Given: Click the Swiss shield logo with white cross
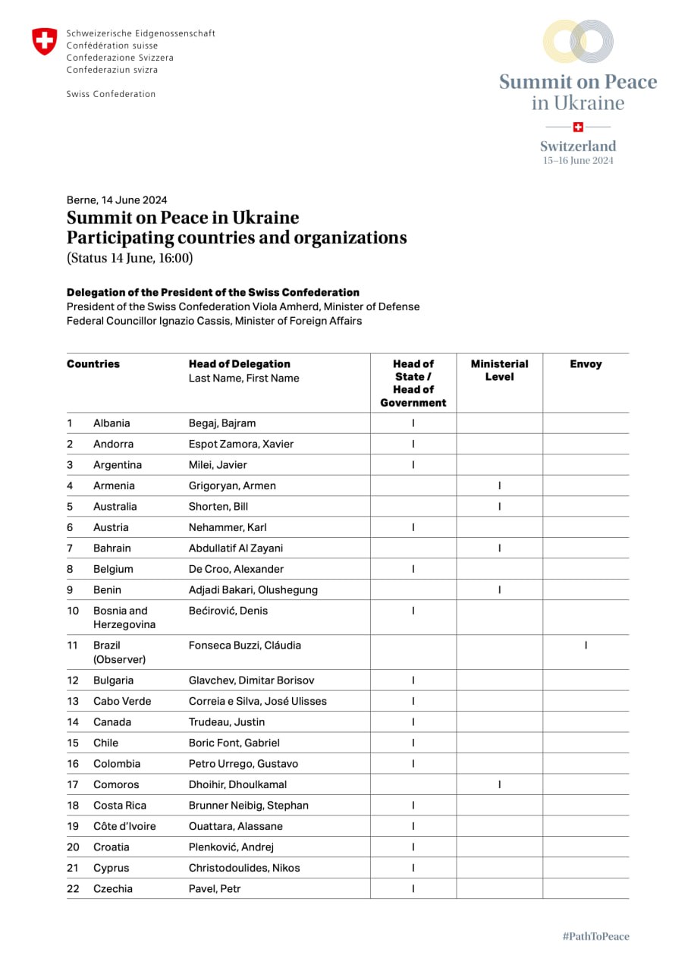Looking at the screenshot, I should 44,42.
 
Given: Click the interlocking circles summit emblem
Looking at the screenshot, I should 578,42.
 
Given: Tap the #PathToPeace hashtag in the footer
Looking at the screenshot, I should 595,936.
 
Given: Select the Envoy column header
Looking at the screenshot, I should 586,364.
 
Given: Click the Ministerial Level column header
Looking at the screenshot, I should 499,370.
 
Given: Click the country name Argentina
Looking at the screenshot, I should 118,465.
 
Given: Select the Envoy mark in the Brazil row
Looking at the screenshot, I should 586,646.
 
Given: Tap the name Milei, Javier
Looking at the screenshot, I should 218,465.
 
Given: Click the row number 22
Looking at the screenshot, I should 73,888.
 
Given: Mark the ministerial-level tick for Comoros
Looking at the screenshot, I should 499,784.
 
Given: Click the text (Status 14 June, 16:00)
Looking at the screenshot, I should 130,258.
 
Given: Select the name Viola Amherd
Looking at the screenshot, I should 305,307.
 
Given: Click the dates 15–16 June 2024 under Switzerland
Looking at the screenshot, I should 578,161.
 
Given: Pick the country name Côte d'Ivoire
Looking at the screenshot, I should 124,826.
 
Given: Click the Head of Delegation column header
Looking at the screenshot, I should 240,364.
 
